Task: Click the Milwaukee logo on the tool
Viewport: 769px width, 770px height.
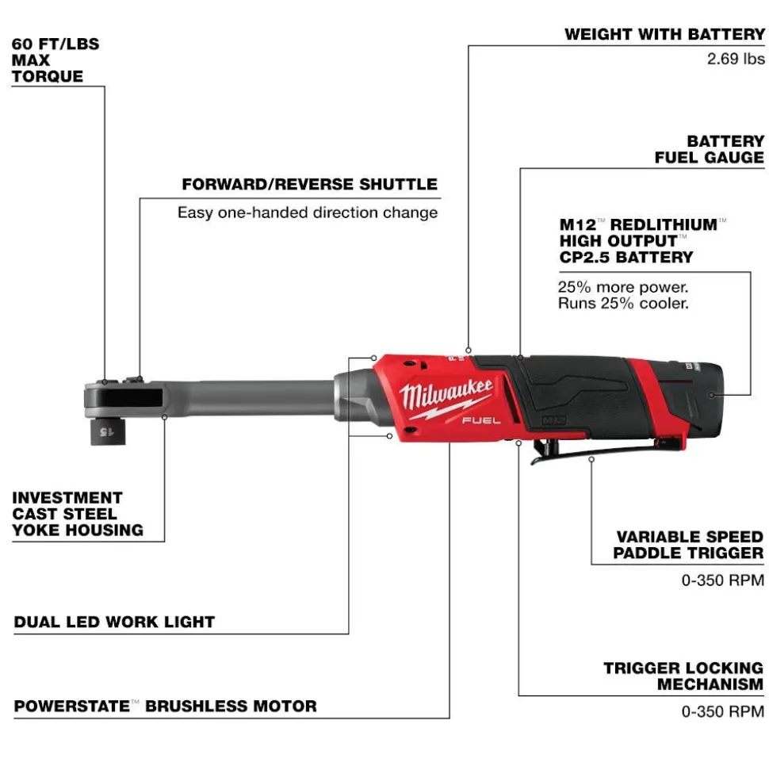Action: coord(446,396)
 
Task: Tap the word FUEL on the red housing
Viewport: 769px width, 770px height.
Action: coord(481,421)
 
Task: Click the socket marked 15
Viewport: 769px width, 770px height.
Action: coord(108,431)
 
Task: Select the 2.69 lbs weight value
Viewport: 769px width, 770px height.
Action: coord(736,59)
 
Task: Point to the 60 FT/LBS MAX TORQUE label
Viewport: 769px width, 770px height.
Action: coord(55,60)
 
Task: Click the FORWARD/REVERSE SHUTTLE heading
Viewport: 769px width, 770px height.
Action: coord(309,184)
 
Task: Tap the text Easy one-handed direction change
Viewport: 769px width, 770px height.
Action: coord(308,213)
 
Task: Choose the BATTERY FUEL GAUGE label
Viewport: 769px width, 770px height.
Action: coord(709,149)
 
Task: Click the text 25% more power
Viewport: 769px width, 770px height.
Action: coord(622,287)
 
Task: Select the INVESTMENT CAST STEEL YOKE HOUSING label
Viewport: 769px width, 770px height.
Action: coord(78,514)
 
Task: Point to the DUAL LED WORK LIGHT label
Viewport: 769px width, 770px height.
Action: coord(114,622)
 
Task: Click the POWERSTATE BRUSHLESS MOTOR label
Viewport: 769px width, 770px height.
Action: coord(165,706)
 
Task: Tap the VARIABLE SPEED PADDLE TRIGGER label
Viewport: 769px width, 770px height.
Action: coord(688,545)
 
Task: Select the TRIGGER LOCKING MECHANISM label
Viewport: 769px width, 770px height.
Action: coord(683,676)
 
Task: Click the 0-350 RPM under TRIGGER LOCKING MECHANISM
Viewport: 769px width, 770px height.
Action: coord(723,711)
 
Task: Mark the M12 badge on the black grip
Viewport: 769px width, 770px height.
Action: coord(554,421)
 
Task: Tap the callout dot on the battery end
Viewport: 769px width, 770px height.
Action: coord(712,395)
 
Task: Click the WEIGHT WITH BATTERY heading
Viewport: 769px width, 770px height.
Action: coord(665,34)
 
